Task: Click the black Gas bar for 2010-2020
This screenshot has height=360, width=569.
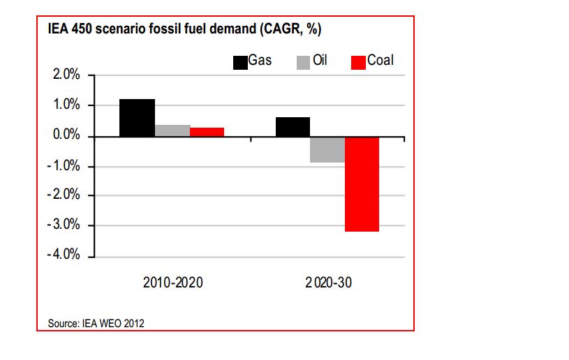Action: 137,118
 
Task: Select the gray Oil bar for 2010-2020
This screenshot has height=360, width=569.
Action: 172,130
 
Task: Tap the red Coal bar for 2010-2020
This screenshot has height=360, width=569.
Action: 207,132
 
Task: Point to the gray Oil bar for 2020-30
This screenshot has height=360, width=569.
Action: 327,149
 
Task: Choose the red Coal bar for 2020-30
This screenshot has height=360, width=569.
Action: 362,183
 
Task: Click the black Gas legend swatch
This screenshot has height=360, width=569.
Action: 240,62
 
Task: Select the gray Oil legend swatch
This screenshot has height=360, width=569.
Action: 303,62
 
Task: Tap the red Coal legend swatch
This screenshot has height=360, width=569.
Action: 358,62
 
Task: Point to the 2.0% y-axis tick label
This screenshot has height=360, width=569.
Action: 67,75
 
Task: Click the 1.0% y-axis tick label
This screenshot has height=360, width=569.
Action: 67,105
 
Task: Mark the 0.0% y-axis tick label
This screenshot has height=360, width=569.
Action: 67,135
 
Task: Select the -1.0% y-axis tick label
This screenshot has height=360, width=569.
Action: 66,166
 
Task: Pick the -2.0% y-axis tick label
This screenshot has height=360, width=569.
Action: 66,196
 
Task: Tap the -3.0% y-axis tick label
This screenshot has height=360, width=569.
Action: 66,226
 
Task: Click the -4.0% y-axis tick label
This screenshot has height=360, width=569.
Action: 66,256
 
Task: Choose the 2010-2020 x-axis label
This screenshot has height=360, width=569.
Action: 172,283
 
